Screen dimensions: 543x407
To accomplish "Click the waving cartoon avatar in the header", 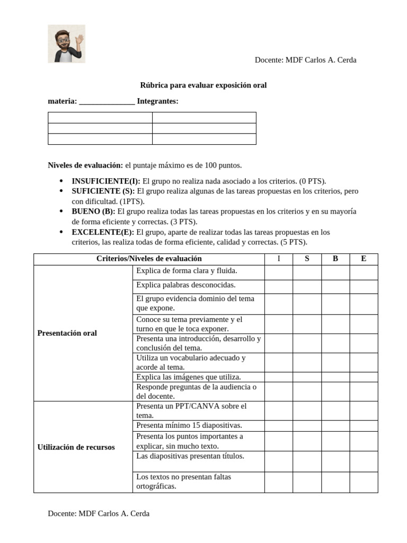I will coord(66,44).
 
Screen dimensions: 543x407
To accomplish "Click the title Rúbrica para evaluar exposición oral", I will coord(203,85).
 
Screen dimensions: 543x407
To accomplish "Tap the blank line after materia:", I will coord(107,101).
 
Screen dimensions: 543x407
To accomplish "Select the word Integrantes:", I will coord(157,101).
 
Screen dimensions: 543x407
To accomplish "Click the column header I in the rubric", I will coord(279,259).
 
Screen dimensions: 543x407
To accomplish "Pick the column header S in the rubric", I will coord(307,259).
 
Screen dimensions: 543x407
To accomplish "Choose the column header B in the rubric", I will coord(335,259).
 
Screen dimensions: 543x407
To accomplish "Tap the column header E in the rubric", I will coord(364,259).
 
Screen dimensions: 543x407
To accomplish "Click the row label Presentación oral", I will coord(67,333).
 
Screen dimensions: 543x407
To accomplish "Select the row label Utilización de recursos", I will coord(76,447).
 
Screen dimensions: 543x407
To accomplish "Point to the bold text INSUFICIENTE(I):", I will coord(106,181).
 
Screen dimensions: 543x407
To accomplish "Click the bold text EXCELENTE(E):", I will coord(103,232).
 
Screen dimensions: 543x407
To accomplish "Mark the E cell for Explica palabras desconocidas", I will coord(364,286).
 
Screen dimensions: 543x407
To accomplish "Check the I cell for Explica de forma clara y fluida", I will coord(279,272).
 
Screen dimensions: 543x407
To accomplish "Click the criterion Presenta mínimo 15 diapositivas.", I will coord(189,425).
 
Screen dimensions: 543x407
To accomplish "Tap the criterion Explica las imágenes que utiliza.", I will coord(189,377).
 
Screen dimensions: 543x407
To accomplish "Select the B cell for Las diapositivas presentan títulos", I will coord(335,461).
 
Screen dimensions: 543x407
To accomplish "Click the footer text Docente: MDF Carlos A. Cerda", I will coord(99,513).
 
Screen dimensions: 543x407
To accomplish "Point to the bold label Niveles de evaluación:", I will coord(85,165).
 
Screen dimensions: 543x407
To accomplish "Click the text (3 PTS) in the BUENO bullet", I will coord(186,222).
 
